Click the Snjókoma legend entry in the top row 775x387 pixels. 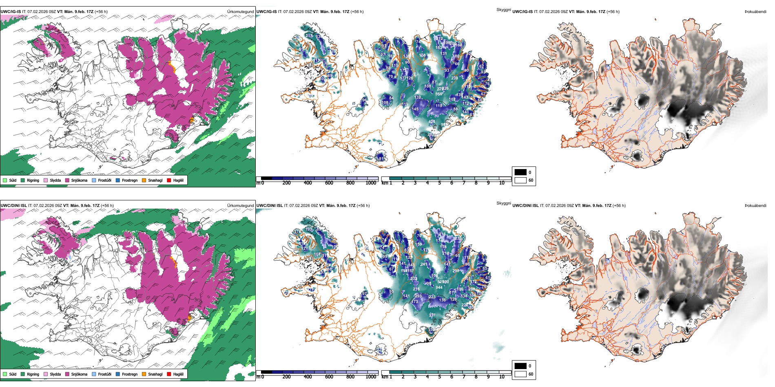coord(79,180)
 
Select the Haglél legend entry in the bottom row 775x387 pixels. coord(178,374)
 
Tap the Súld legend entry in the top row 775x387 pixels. coord(13,180)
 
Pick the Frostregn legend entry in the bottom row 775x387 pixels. coord(130,374)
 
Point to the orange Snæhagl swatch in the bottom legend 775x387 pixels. coord(144,374)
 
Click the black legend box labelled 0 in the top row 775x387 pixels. coord(520,172)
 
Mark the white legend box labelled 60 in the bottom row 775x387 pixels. coord(520,374)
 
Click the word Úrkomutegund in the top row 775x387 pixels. coord(241,12)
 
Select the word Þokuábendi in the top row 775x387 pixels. coord(755,12)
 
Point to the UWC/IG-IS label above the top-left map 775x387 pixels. coord(11,12)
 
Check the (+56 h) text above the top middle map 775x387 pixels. coord(357,12)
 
